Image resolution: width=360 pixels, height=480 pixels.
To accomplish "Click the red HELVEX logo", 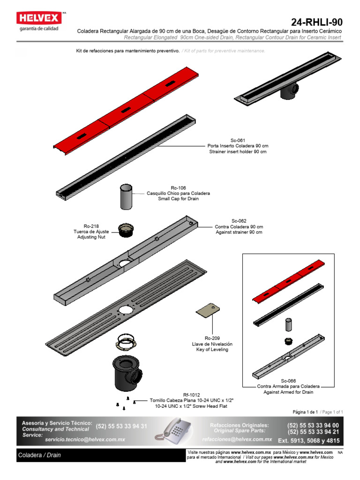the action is click(39, 18).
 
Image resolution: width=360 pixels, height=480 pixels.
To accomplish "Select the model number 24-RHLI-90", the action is click(316, 22).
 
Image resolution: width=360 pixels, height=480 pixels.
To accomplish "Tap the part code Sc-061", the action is click(238, 141).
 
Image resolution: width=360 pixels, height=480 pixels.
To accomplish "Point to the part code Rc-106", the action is click(178, 188).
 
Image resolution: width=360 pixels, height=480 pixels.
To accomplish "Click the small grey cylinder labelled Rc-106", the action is click(126, 196).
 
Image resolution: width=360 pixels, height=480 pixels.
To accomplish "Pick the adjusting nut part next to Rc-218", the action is click(126, 230).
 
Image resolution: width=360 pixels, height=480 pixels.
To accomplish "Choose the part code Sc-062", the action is click(239, 221).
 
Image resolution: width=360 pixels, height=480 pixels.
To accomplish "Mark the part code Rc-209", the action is click(212, 338).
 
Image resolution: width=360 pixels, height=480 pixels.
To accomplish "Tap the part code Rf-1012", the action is click(191, 395).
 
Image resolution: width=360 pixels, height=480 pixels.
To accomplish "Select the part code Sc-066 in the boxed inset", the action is click(288, 381).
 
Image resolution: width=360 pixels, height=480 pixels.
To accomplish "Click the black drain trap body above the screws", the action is click(127, 373).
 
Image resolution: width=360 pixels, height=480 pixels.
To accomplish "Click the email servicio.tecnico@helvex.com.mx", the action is click(85, 440).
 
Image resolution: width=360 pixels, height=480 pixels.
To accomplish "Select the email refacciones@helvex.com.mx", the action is click(237, 439).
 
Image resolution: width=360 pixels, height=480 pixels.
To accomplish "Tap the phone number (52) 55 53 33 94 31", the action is click(121, 427).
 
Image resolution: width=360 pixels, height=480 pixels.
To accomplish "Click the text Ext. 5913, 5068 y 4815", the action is click(308, 441).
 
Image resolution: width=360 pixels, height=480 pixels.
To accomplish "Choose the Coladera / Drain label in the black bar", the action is click(39, 455).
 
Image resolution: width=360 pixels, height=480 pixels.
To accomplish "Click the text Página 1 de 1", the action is click(305, 412).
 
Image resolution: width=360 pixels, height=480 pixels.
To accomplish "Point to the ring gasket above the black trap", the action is click(126, 342).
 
